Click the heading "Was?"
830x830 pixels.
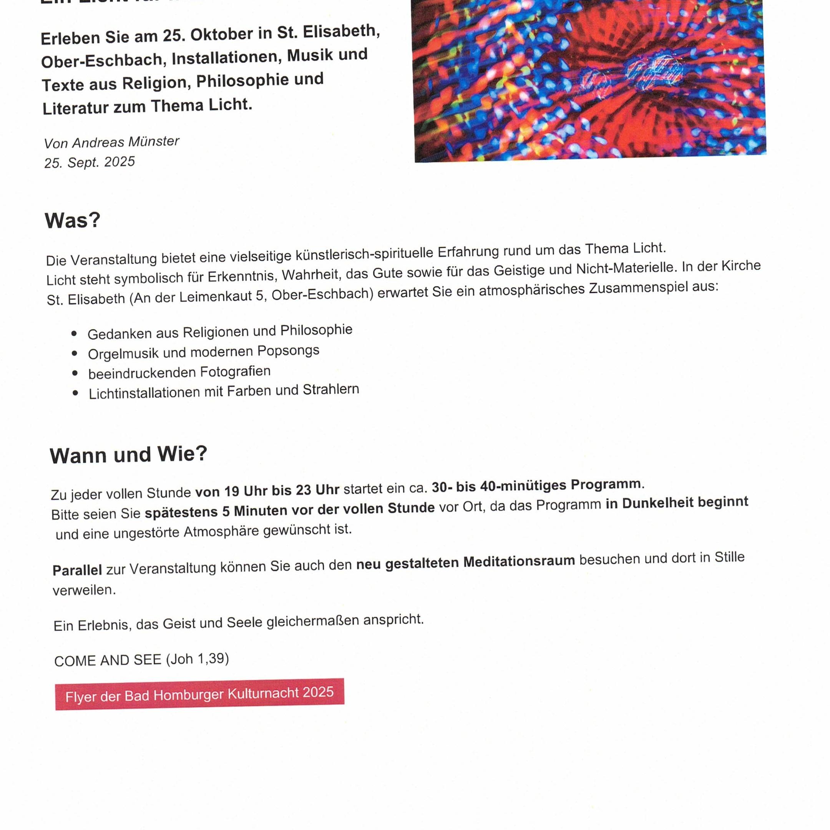point(72,221)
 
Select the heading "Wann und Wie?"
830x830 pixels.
point(128,455)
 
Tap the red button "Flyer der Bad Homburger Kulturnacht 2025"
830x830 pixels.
point(199,694)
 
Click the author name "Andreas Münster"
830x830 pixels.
point(125,142)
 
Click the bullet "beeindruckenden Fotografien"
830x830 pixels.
point(179,372)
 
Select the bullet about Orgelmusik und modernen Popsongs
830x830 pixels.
point(203,352)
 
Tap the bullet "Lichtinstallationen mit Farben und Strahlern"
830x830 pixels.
point(223,392)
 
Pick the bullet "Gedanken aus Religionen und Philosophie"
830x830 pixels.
point(219,332)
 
